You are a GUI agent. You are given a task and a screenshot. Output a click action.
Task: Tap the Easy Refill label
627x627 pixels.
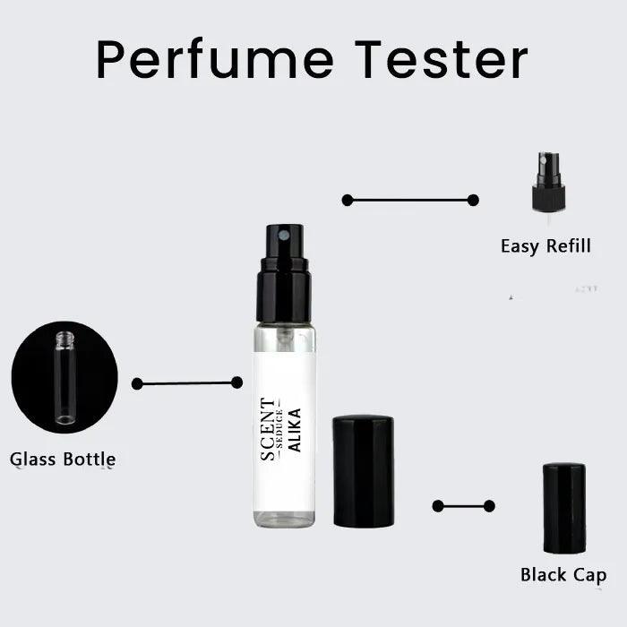[545, 245]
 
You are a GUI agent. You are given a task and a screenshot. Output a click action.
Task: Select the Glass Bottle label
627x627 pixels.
[63, 460]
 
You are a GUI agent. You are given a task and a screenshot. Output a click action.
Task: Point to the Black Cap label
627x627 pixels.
[563, 575]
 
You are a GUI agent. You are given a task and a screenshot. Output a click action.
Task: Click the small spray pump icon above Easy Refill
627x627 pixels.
[548, 184]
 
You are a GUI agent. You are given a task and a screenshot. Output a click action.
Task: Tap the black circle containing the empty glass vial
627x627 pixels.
[64, 377]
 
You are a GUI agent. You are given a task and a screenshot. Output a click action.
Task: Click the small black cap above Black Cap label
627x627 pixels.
[564, 508]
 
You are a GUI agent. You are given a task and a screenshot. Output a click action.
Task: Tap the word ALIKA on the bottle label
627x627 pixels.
[295, 428]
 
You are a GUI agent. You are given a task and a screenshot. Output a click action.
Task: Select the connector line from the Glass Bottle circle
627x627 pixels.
[186, 383]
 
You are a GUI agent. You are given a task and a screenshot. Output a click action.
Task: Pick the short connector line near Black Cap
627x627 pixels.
[463, 506]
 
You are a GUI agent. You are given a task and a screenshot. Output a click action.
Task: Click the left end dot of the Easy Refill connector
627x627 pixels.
[348, 200]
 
